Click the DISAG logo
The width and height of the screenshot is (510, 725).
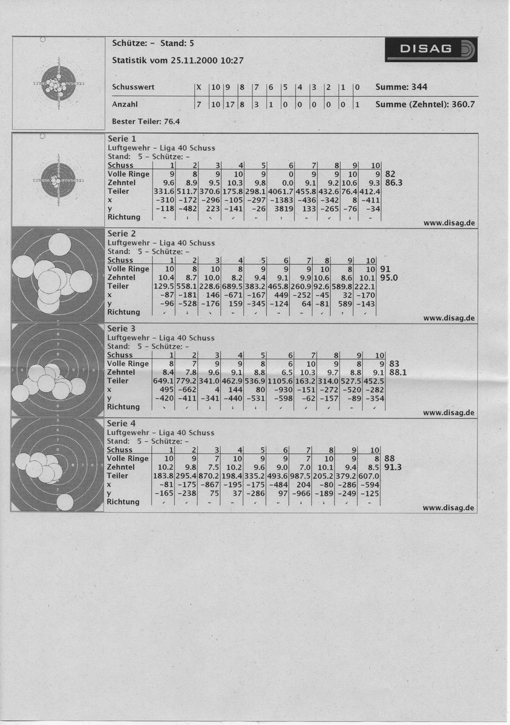pos(431,50)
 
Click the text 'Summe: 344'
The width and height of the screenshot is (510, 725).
pos(401,87)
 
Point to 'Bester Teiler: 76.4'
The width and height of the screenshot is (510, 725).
pos(145,121)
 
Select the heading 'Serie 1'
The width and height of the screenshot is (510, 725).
pos(121,139)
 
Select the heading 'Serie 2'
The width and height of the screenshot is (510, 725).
pos(121,233)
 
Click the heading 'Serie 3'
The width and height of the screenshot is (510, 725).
pos(121,328)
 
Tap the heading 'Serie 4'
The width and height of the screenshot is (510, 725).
pos(121,423)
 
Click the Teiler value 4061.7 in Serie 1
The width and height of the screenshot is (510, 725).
pos(281,191)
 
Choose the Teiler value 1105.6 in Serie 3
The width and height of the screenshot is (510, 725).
pos(281,381)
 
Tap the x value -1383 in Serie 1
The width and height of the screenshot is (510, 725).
pos(283,199)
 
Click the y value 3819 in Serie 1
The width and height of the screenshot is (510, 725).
pos(284,208)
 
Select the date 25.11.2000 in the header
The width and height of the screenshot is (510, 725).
pos(196,60)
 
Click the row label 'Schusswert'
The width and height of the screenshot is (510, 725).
pos(133,87)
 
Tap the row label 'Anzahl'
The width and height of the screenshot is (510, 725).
pos(125,104)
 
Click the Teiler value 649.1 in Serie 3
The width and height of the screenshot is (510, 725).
pos(163,381)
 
